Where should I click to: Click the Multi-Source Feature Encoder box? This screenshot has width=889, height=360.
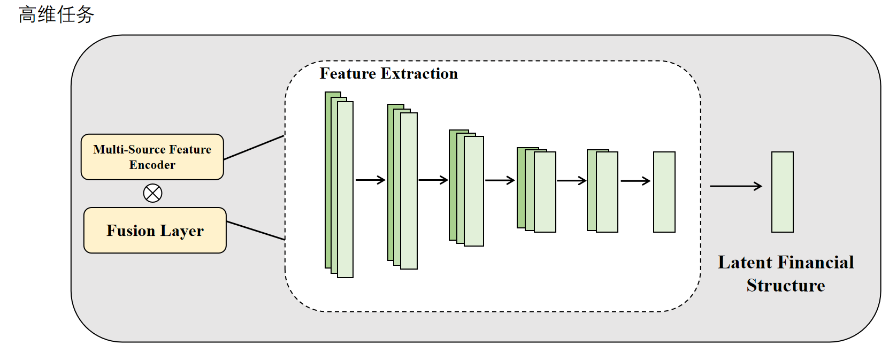point(152,157)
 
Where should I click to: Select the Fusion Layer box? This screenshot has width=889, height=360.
point(155,230)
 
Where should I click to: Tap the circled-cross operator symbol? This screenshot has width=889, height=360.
point(153,193)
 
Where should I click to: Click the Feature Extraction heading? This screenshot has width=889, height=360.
point(388,73)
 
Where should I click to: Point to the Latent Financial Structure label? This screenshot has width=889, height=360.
point(786,274)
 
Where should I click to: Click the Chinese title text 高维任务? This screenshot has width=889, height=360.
point(56,14)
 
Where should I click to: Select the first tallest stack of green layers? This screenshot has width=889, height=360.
point(339,185)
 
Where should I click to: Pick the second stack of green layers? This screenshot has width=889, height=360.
point(402,187)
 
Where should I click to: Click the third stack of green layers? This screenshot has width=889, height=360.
point(466,188)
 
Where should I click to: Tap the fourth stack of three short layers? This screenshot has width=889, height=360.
point(537,190)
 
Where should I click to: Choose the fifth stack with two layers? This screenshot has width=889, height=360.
point(602,191)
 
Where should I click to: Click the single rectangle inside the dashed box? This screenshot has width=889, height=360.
point(664,192)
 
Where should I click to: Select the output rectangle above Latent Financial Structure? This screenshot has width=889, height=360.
point(783,192)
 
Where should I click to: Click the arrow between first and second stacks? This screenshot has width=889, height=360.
point(371,180)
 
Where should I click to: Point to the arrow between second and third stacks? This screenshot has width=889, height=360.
point(433,180)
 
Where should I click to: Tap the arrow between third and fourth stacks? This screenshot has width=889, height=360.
point(500,181)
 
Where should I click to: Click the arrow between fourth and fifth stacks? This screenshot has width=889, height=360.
point(572,181)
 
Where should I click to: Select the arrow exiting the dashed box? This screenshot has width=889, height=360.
point(736,186)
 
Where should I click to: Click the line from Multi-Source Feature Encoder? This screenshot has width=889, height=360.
point(254,148)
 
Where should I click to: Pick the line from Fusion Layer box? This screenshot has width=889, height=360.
point(256,231)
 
